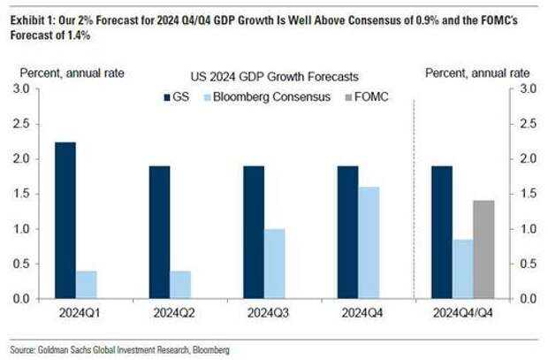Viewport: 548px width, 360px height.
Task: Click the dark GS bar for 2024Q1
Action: click(x=65, y=220)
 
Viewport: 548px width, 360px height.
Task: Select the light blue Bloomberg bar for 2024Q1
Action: click(x=87, y=285)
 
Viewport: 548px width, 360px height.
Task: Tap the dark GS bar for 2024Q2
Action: click(x=159, y=233)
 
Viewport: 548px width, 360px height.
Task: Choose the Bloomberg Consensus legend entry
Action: click(x=263, y=95)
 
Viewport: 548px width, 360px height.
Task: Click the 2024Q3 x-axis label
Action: click(x=266, y=313)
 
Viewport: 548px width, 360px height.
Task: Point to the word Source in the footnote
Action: click(x=22, y=350)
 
